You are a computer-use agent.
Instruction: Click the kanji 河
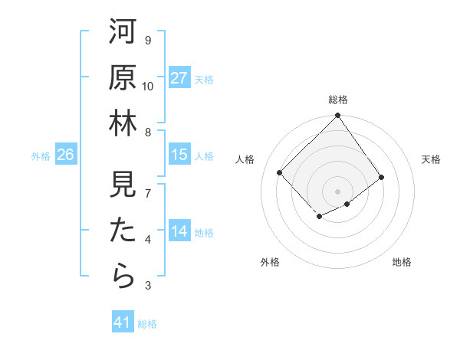pyautogui.click(x=122, y=32)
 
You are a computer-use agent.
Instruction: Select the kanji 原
pyautogui.click(x=122, y=78)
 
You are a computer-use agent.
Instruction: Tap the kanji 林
pyautogui.click(x=122, y=124)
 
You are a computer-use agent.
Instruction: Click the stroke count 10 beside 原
pyautogui.click(x=148, y=87)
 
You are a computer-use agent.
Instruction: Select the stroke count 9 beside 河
pyautogui.click(x=148, y=41)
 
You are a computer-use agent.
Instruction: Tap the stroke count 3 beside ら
pyautogui.click(x=148, y=286)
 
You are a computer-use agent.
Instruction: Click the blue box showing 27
pyautogui.click(x=179, y=78)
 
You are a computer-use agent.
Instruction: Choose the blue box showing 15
pyautogui.click(x=179, y=155)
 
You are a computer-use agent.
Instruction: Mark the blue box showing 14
pyautogui.click(x=179, y=232)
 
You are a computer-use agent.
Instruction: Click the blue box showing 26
pyautogui.click(x=65, y=155)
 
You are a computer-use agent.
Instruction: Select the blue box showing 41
pyautogui.click(x=123, y=322)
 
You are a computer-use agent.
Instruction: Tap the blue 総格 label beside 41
pyautogui.click(x=147, y=324)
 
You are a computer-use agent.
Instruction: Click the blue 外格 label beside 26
pyautogui.click(x=41, y=156)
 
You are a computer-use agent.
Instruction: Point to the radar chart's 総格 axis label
pyautogui.click(x=337, y=100)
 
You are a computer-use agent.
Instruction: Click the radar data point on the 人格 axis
pyautogui.click(x=280, y=172)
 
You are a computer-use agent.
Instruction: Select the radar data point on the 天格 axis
pyautogui.click(x=382, y=177)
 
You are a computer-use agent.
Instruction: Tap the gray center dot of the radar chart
pyautogui.click(x=337, y=191)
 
